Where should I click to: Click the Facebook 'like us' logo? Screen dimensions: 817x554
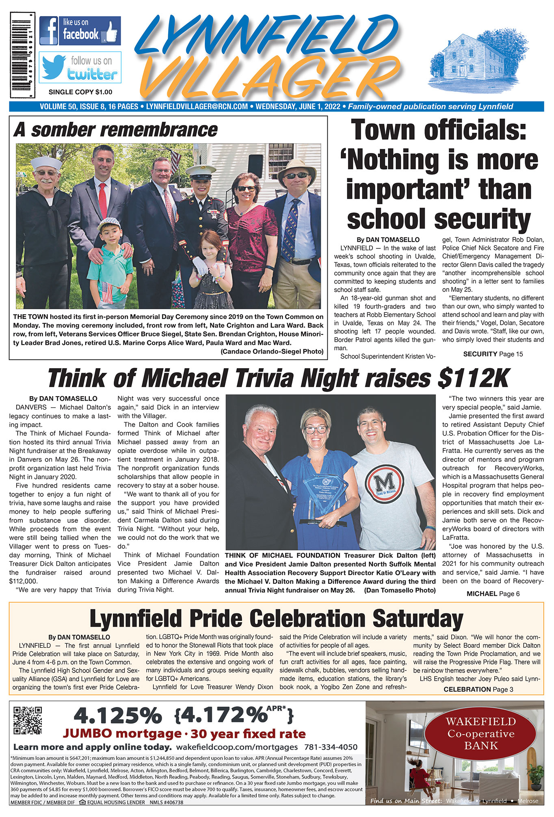(80, 30)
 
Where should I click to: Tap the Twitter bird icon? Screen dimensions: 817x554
(54, 67)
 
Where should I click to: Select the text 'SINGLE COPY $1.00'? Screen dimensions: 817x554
(80, 92)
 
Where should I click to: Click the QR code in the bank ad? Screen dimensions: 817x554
(28, 720)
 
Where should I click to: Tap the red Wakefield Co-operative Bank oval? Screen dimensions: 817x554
(481, 733)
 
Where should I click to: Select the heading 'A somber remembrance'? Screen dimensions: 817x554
(116, 130)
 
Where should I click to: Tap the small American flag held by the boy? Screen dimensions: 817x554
(106, 291)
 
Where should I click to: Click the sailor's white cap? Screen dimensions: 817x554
(46, 163)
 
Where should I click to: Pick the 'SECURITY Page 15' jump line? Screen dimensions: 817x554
(493, 354)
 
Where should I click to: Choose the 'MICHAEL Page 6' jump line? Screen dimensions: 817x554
(493, 594)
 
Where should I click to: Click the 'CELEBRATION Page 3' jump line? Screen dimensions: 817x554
(475, 689)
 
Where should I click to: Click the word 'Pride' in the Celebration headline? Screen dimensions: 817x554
(216, 619)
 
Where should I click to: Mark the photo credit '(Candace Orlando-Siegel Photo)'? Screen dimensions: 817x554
(272, 351)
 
